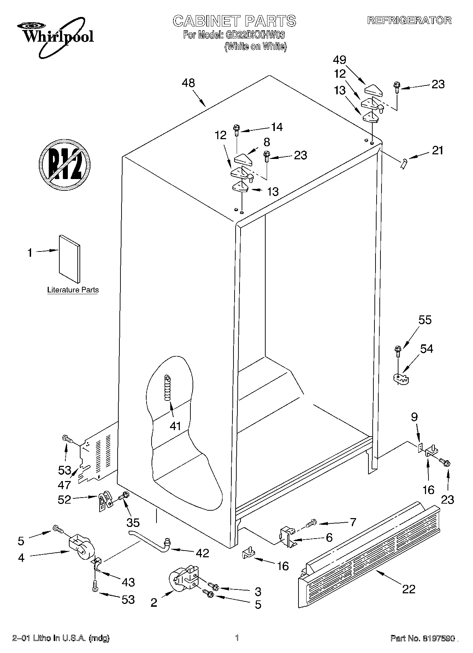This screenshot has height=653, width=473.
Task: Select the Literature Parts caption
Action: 73,290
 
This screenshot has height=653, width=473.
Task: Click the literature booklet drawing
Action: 69,259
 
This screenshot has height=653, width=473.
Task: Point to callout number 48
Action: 188,83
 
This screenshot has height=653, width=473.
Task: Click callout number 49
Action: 339,60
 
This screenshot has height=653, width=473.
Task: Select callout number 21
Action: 437,150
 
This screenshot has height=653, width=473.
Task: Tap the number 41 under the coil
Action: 175,426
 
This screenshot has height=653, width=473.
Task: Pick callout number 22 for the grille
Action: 409,589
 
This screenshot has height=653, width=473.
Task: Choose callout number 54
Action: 426,349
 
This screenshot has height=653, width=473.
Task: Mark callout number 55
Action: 425,320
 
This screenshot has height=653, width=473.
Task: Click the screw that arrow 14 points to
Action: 236,130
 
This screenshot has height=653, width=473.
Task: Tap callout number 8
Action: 266,142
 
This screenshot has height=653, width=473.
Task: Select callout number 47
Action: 65,485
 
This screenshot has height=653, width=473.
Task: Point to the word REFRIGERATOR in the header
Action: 409,20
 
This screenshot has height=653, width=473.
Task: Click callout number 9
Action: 414,417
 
